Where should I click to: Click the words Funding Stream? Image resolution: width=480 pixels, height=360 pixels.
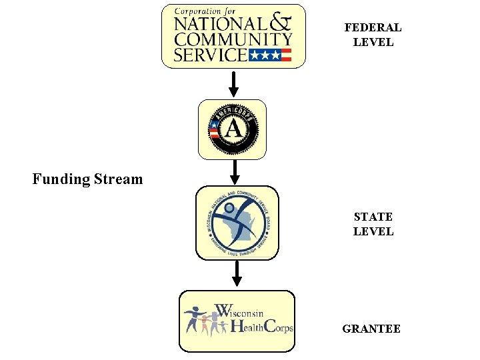tap(87, 179)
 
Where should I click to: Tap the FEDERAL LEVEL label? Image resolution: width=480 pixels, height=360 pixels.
tap(373, 35)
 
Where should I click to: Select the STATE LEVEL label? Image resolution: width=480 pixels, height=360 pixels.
tap(373, 224)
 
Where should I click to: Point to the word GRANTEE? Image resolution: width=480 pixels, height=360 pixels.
tap(371, 329)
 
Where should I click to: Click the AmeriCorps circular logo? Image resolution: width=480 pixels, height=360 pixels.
tap(233, 129)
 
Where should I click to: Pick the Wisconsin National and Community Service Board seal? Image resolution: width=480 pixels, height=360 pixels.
tap(237, 223)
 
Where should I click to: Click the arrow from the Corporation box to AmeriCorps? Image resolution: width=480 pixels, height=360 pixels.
tap(233, 83)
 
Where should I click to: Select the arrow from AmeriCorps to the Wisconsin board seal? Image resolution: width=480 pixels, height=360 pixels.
tap(234, 171)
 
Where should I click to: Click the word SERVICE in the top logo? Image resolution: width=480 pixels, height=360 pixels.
tap(210, 54)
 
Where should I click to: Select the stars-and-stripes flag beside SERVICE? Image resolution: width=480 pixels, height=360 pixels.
tap(270, 55)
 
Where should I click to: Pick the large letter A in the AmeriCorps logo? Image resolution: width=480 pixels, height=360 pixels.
tap(233, 129)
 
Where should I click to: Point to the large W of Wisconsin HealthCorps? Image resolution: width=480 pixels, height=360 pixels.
tap(224, 311)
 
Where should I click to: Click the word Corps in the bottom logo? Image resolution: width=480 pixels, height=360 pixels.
tap(279, 327)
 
